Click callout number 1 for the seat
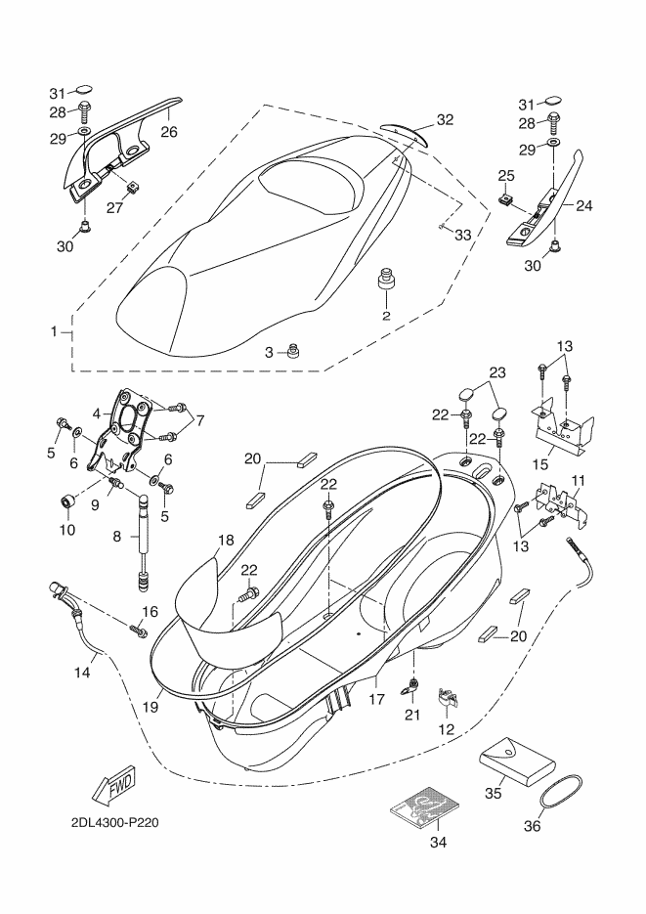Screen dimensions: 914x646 (55, 332)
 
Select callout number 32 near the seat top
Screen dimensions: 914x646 (445, 120)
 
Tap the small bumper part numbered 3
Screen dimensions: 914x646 (290, 351)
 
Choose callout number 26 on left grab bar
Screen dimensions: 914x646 (169, 132)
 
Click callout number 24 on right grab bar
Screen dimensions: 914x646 (584, 206)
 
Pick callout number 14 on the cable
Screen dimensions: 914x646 (82, 672)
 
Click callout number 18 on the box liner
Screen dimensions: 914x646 (226, 540)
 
